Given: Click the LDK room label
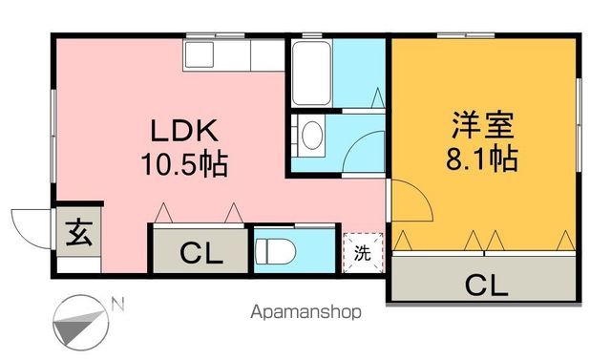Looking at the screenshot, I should [184, 131].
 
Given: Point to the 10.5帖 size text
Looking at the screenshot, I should [185, 164].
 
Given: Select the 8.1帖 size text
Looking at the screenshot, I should [482, 159].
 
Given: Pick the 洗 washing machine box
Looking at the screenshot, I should [363, 253].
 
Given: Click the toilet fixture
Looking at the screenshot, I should [277, 251].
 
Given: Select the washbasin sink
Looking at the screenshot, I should [311, 136].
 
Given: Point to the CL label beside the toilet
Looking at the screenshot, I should [201, 255].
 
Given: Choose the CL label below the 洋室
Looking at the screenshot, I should [486, 284].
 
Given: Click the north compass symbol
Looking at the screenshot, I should [81, 323].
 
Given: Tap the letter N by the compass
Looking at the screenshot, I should [117, 306].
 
